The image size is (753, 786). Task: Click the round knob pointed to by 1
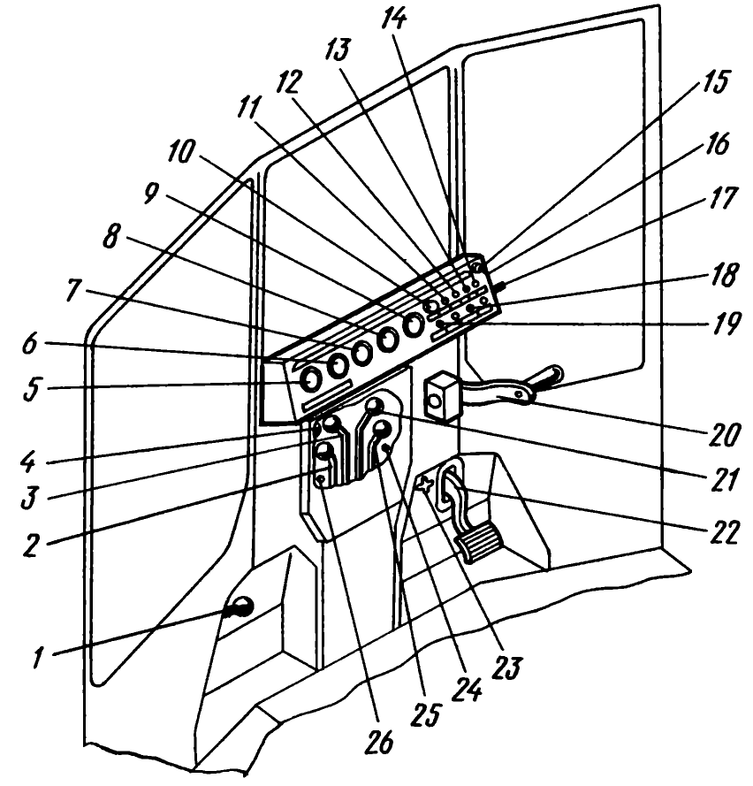pyautogui.click(x=240, y=607)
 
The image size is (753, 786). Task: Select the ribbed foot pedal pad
pyautogui.click(x=478, y=538)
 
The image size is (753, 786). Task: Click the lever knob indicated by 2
pyautogui.click(x=324, y=452)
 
